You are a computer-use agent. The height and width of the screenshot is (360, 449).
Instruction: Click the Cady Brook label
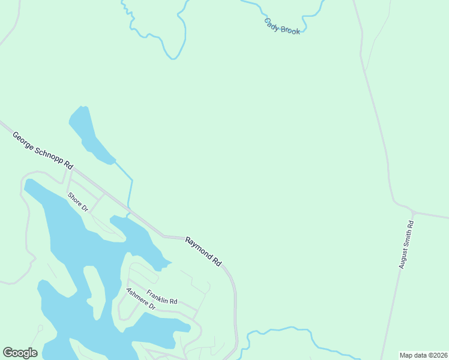point(282,26)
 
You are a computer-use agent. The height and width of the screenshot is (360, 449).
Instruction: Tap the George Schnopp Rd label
point(43,151)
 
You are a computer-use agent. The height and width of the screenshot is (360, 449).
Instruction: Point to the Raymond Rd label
point(203,251)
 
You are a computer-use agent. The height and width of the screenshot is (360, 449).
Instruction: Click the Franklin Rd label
point(162,296)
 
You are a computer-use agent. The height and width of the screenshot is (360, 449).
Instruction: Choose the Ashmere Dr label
point(140,299)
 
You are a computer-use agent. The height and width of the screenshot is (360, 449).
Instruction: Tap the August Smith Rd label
point(408,244)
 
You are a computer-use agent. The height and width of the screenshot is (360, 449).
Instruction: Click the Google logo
point(20,353)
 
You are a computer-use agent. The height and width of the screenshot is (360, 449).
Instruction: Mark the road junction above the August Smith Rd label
point(412,212)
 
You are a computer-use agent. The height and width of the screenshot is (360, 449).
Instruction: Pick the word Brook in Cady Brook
point(290,29)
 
